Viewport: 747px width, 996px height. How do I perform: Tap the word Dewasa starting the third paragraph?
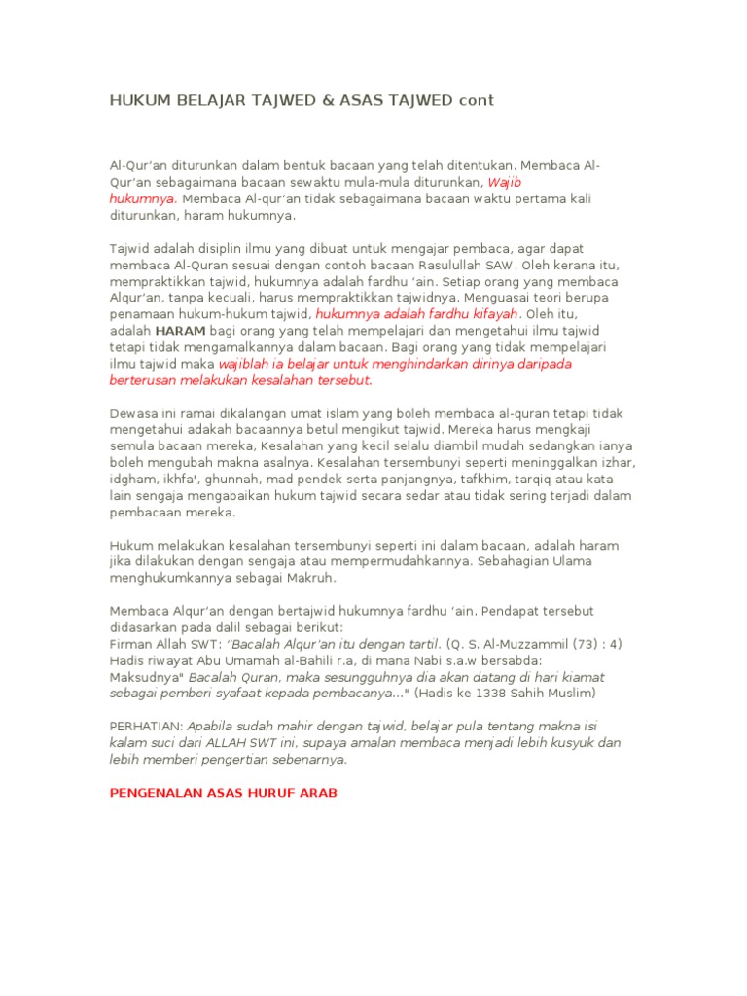(133, 412)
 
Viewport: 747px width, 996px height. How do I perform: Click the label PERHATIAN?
(146, 727)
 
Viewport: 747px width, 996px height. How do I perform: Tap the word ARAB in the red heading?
(317, 793)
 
